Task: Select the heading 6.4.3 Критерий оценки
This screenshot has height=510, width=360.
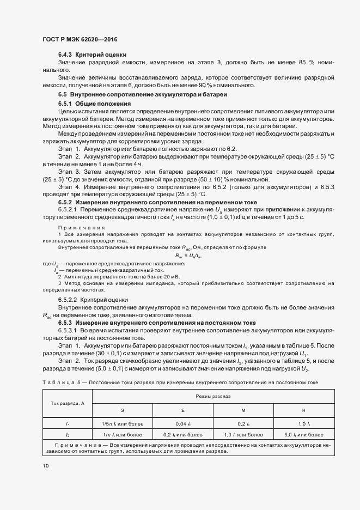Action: [92, 54]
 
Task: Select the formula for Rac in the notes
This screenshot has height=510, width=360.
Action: [188, 254]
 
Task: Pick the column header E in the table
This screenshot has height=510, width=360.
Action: [182, 409]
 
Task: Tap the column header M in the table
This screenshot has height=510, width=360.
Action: [241, 409]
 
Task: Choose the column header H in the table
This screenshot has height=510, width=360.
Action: [303, 409]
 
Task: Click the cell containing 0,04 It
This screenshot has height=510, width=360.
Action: [182, 423]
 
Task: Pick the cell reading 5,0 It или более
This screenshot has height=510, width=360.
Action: [303, 435]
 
